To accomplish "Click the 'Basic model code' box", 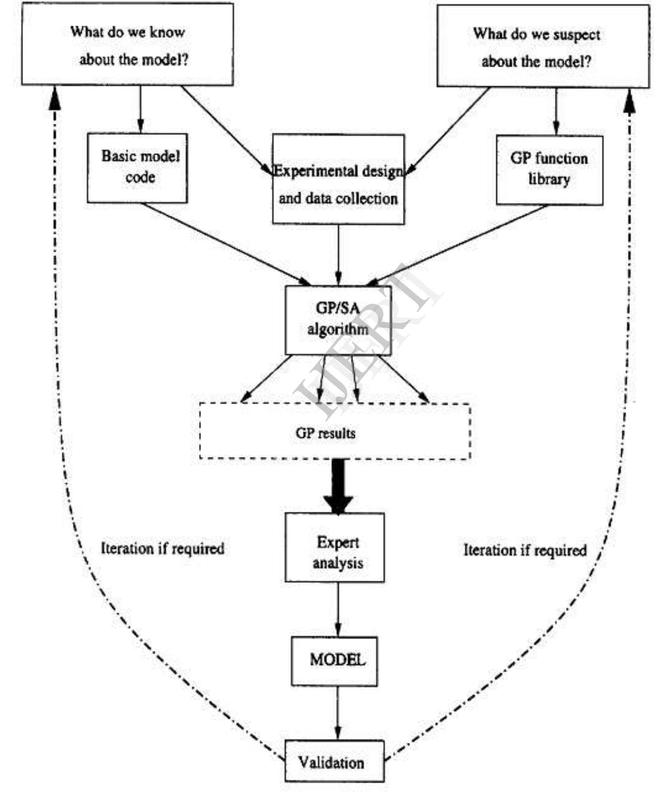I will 138,168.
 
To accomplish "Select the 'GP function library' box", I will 549,170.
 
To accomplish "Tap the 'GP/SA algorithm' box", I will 338,320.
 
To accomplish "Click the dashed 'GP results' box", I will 335,431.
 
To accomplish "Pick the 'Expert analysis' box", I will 335,547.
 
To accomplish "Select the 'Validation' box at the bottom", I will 334,762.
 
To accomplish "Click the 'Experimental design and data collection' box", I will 338,179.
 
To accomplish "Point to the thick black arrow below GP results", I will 338,486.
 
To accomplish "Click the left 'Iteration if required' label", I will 162,548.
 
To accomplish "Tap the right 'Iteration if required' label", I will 524,550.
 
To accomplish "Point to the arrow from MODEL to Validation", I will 338,713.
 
